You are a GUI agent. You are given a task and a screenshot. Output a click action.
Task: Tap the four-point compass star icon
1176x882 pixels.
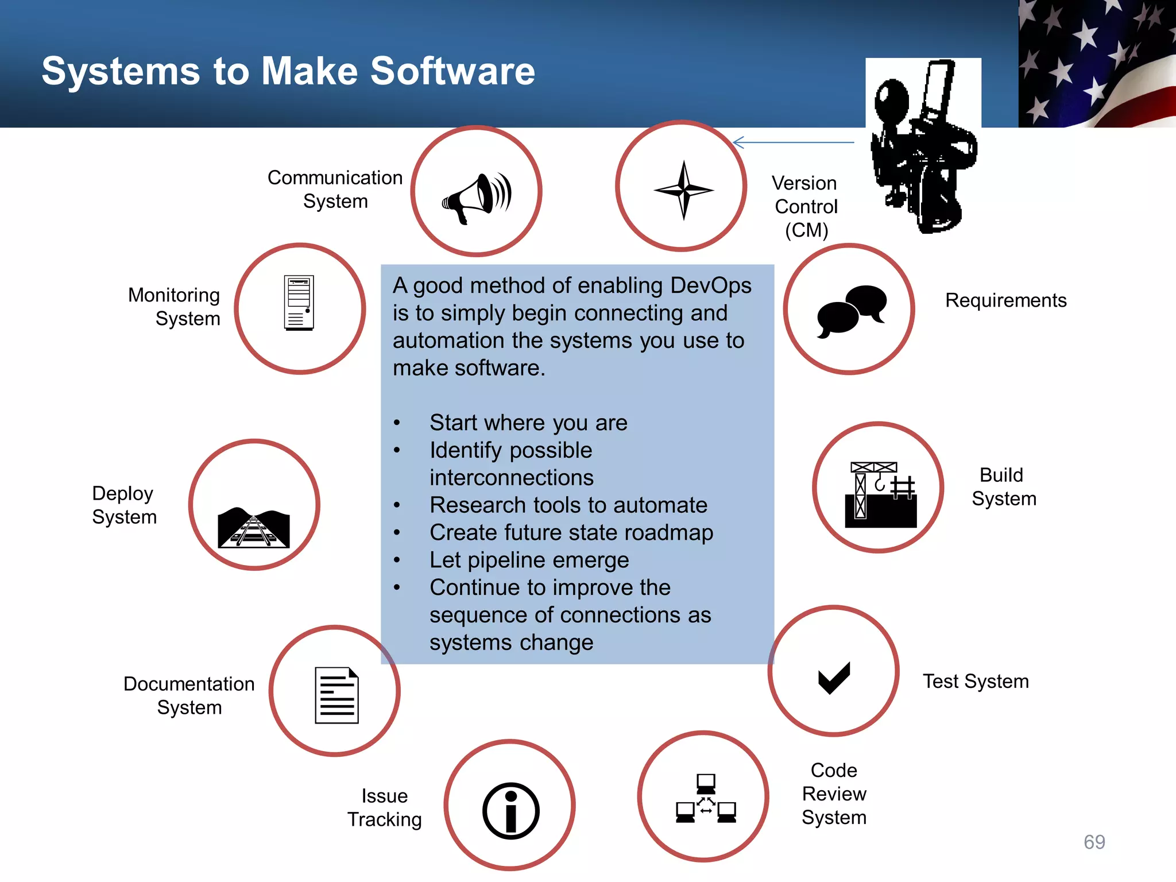click(683, 189)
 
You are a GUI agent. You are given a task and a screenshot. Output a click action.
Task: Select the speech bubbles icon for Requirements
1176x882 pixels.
click(852, 311)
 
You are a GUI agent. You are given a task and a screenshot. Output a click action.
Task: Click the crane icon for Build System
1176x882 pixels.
click(880, 494)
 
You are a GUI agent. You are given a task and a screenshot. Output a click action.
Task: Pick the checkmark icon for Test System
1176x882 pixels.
click(834, 678)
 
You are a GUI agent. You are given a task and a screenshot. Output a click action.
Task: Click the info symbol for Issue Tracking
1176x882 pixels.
click(510, 810)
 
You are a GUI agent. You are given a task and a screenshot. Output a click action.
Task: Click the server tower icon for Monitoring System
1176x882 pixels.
click(299, 303)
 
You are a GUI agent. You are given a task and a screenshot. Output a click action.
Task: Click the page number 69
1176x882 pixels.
click(1094, 842)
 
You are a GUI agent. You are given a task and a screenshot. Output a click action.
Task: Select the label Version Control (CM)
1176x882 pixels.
click(806, 206)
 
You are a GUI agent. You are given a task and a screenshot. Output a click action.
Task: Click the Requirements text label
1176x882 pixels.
click(1005, 300)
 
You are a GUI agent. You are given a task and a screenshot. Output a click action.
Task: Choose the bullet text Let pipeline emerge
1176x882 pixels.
click(529, 560)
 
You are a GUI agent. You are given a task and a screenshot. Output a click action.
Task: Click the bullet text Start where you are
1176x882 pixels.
click(528, 423)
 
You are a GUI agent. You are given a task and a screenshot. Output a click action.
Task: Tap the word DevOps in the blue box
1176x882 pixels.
click(710, 285)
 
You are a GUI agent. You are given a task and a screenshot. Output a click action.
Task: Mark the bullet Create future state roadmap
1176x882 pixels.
click(571, 532)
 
